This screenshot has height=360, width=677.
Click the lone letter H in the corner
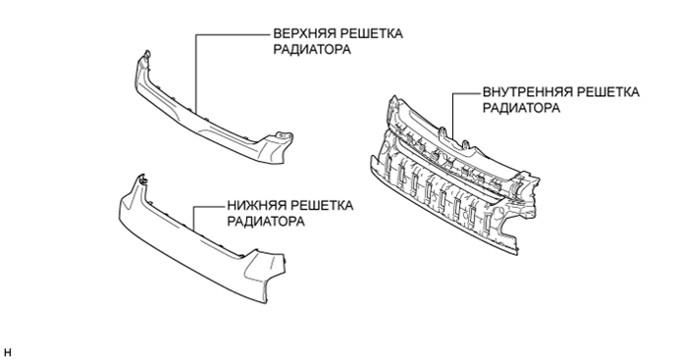[x=8, y=350]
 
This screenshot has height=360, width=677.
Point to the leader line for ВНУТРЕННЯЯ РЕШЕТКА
[x=452, y=113]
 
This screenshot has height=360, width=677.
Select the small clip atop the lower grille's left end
[x=141, y=180]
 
